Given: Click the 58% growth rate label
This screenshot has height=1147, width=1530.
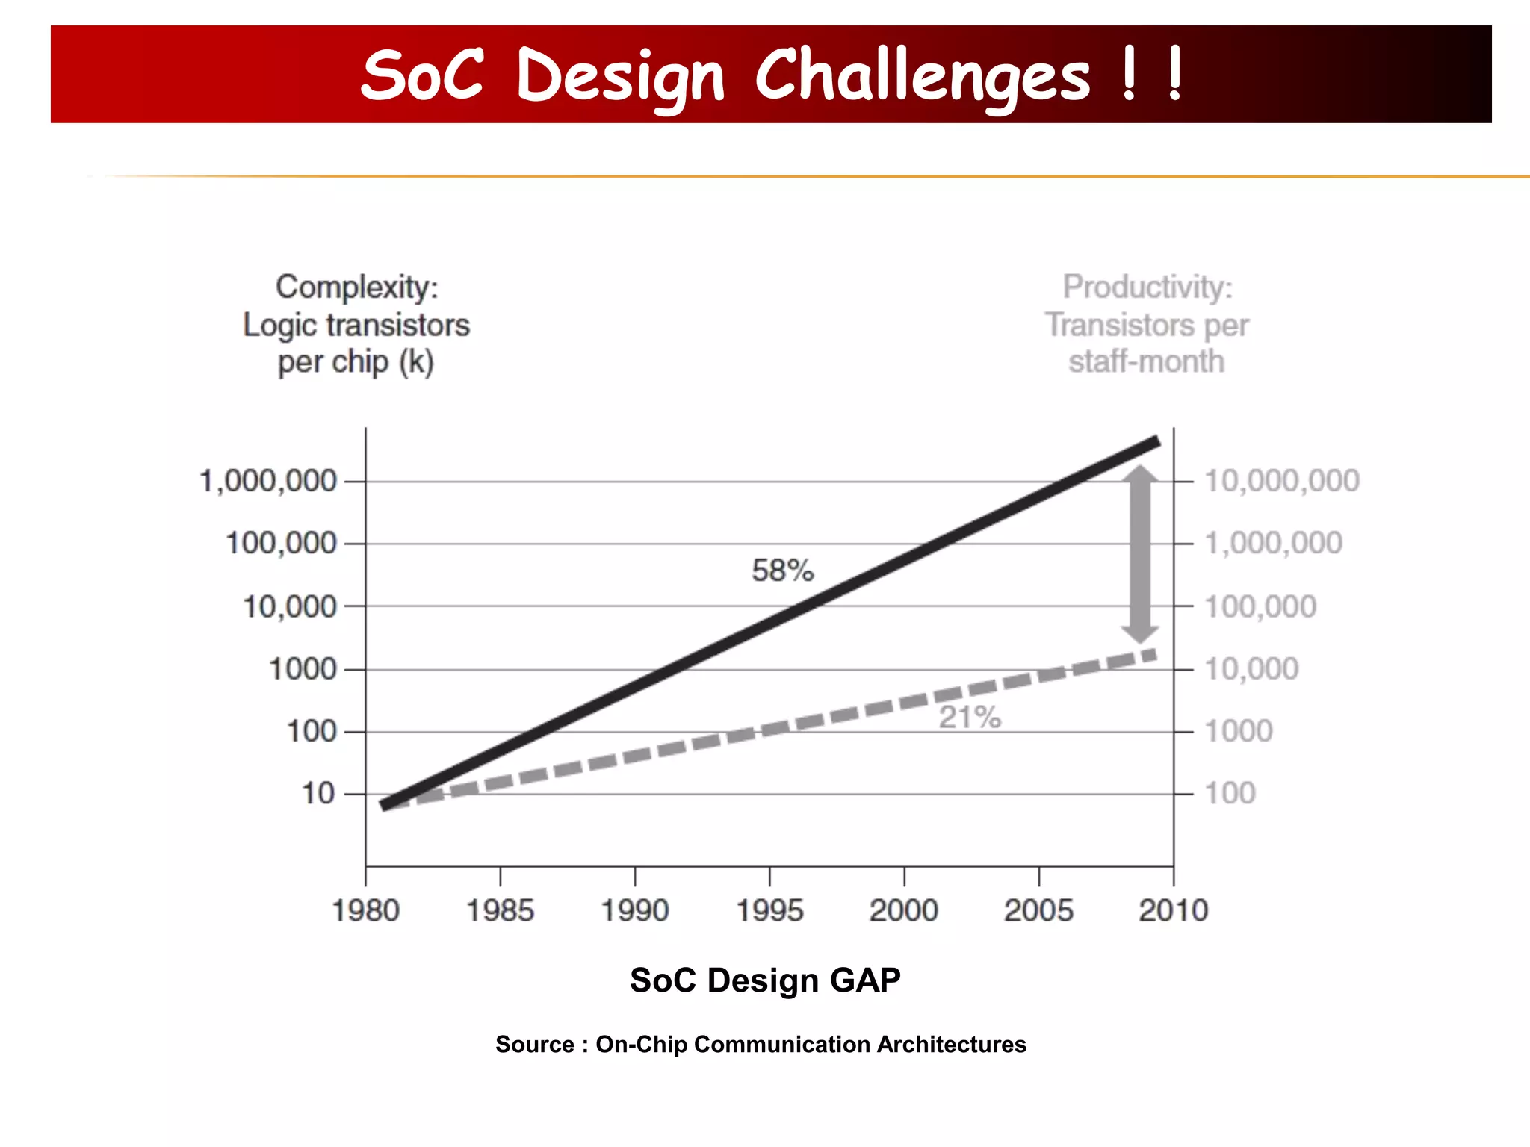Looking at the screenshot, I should click(782, 571).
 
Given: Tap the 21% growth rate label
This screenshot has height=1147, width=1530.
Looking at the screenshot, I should click(969, 717).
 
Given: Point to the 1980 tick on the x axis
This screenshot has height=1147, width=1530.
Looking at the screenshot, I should click(366, 910).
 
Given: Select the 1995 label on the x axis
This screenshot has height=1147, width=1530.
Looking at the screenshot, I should click(769, 910).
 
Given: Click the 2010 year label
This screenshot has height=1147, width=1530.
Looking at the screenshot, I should click(1173, 910).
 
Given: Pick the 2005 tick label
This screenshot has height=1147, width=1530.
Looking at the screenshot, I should click(1038, 910).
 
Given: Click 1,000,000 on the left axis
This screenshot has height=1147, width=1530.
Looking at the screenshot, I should click(268, 481).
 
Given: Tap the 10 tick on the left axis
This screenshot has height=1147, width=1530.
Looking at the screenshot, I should click(318, 793).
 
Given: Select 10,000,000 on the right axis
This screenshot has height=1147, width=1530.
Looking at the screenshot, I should click(1282, 481).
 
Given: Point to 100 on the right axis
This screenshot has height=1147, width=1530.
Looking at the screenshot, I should click(1230, 793).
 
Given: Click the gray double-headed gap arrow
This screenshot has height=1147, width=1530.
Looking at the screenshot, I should click(1140, 553).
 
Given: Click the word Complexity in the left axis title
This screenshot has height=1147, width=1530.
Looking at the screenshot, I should click(356, 287).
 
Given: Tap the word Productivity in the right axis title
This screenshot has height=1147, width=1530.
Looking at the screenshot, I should click(1147, 287).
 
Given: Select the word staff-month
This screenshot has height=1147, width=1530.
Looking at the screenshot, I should click(1146, 362).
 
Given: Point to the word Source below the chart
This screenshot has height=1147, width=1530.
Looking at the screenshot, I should click(535, 1044).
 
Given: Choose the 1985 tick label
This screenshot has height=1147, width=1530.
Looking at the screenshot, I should click(501, 910).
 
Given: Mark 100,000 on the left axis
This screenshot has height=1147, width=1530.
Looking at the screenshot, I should click(281, 543).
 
